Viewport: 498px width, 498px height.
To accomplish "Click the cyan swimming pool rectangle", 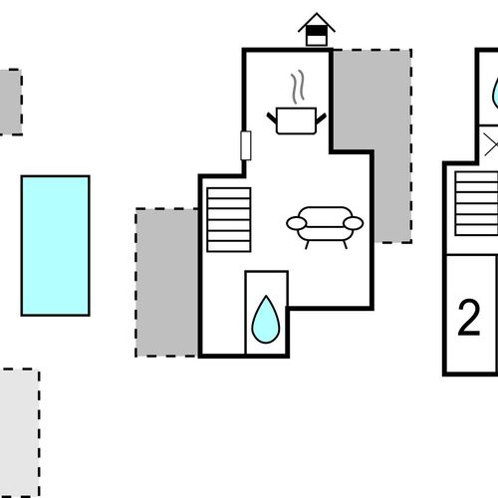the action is pos(56,246).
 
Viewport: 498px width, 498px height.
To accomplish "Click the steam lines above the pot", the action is pos(298,87).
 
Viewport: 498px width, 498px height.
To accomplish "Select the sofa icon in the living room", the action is pos(325,227).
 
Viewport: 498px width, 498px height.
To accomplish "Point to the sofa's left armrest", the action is pos(297,223).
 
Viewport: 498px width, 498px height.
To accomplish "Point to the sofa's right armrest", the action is pos(354,223).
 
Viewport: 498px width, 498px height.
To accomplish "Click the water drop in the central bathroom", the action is pos(266,320).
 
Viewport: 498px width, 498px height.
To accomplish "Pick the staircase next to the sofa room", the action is pos(229,220).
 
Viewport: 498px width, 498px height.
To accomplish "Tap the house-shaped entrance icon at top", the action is pos(317,29).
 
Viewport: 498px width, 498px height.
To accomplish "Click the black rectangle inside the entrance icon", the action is pos(317,31).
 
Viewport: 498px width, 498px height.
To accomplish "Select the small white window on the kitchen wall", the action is pos(246,145).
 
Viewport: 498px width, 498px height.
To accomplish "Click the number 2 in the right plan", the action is pos(469,318).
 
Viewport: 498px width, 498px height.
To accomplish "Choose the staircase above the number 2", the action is pos(476,203).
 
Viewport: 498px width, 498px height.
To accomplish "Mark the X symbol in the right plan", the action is pos(491,144).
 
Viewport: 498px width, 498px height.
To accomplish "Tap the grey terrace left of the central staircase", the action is pos(167,283).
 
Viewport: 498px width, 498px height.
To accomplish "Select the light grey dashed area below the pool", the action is pos(19,433).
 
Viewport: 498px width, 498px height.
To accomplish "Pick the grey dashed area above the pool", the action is pos(11,102).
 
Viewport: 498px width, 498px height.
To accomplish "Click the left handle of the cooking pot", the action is pos(272,119).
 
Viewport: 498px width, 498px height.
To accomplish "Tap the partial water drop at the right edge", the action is pos(495,93).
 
